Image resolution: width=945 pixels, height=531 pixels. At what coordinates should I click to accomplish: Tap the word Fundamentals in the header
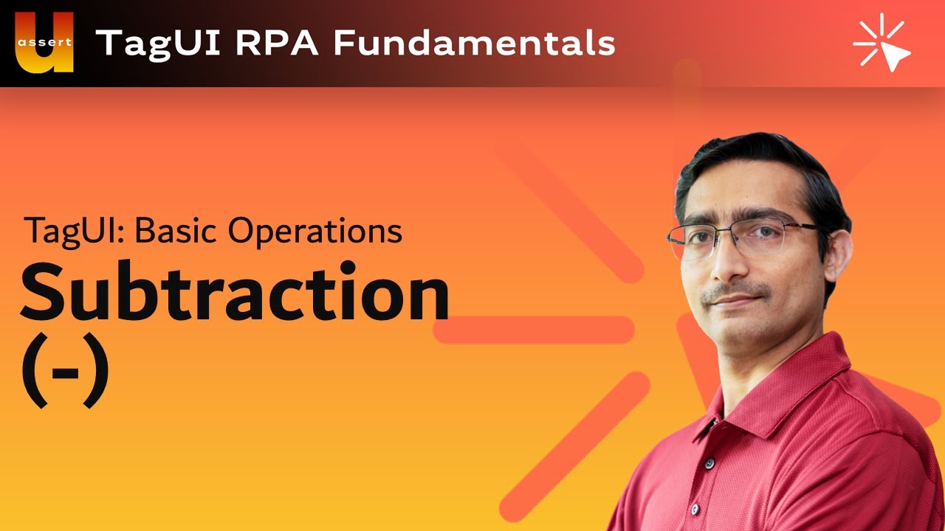click(474, 43)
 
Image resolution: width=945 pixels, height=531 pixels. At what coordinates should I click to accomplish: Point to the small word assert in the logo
click(44, 42)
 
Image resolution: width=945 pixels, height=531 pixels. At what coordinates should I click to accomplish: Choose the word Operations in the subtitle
click(315, 232)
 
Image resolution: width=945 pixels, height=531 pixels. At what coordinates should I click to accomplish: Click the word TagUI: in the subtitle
click(75, 232)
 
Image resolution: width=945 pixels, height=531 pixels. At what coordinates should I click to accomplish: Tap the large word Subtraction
click(235, 294)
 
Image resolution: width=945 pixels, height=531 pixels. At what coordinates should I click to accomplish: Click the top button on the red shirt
click(709, 463)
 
